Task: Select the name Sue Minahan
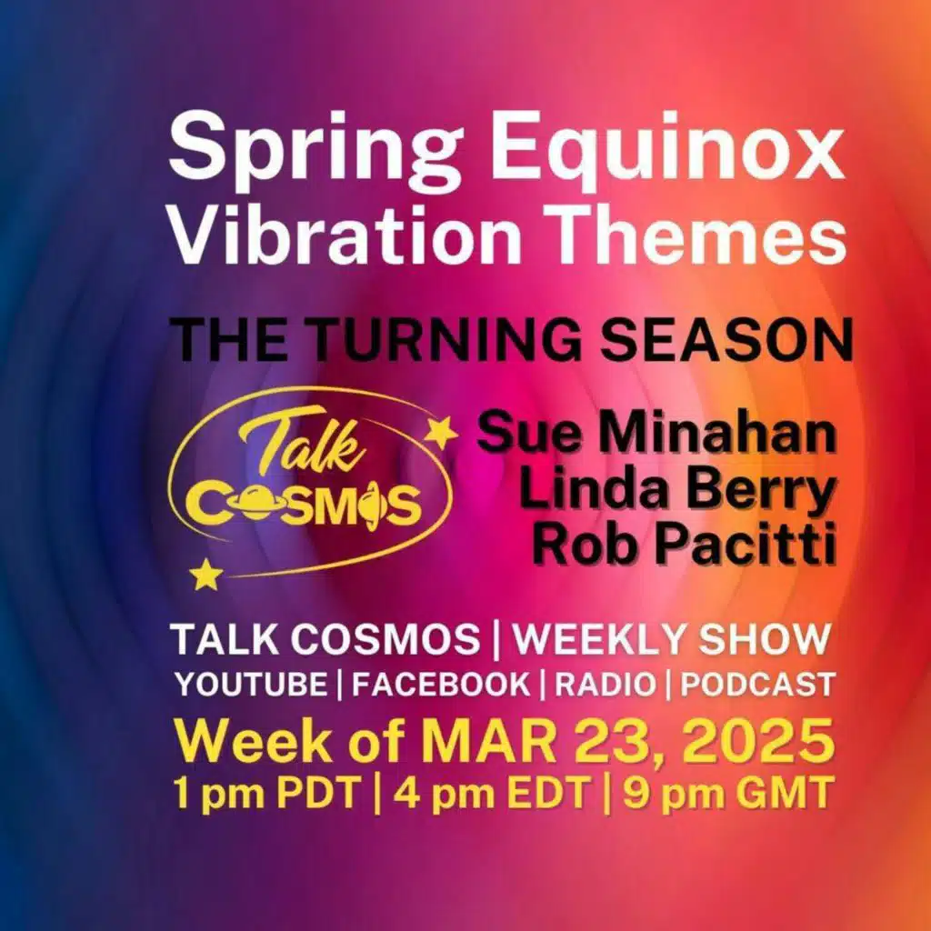point(656,435)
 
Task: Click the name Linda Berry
point(676,490)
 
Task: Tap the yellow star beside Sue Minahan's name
point(442,432)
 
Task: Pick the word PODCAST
point(757,685)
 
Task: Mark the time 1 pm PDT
point(267,794)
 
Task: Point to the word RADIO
point(605,685)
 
